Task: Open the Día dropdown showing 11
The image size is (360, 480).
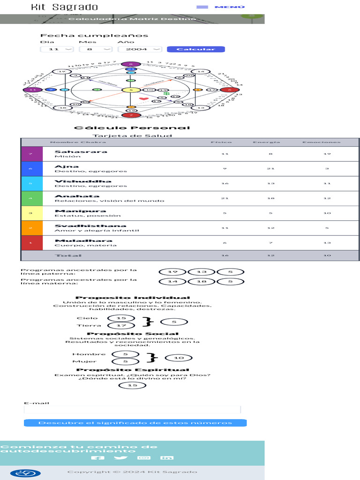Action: coord(57,49)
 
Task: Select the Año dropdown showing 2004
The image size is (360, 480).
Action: coord(140,49)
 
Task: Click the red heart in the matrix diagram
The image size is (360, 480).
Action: coord(143,99)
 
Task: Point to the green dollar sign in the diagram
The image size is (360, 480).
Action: coord(167,94)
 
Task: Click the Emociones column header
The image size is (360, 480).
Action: coord(321,142)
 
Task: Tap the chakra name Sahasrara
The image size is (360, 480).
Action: coord(74,151)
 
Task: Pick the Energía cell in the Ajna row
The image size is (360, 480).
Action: coord(271,169)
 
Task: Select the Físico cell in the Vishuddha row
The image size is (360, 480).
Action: coord(225,183)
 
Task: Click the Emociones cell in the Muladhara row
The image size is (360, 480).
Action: coord(327,243)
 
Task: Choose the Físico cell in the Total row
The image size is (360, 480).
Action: coord(225,255)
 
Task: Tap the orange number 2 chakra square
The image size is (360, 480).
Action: coord(31,228)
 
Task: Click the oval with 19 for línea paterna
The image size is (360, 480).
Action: coord(172,272)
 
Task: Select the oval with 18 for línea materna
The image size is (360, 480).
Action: coord(201,282)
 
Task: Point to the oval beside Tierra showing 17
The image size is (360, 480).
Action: coord(121,325)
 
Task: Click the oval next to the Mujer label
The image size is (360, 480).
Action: coord(125,361)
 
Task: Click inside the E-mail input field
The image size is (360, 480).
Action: coord(132,410)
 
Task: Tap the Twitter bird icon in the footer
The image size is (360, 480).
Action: coord(120,458)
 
